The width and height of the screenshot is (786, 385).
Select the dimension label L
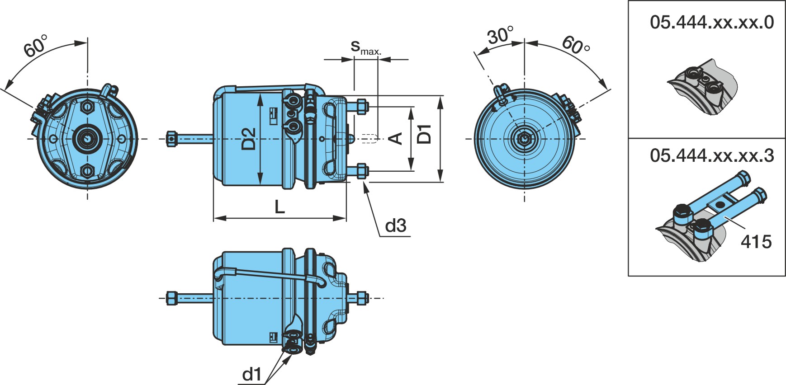pos(280,207)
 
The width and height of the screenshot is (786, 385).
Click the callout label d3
pos(396,225)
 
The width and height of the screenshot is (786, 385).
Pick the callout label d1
pos(252,374)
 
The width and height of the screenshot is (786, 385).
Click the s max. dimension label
pos(366,47)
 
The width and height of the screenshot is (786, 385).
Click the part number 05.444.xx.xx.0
pos(712,22)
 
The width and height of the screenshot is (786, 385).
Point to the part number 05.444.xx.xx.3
pos(712,155)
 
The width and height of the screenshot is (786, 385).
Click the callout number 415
pos(756,242)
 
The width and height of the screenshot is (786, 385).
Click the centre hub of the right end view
pos(524,139)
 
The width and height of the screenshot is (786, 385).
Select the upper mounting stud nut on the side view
pos(362,107)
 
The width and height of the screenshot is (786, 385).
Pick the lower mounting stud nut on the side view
pos(362,171)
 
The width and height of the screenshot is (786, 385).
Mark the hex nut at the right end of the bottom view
pos(362,298)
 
